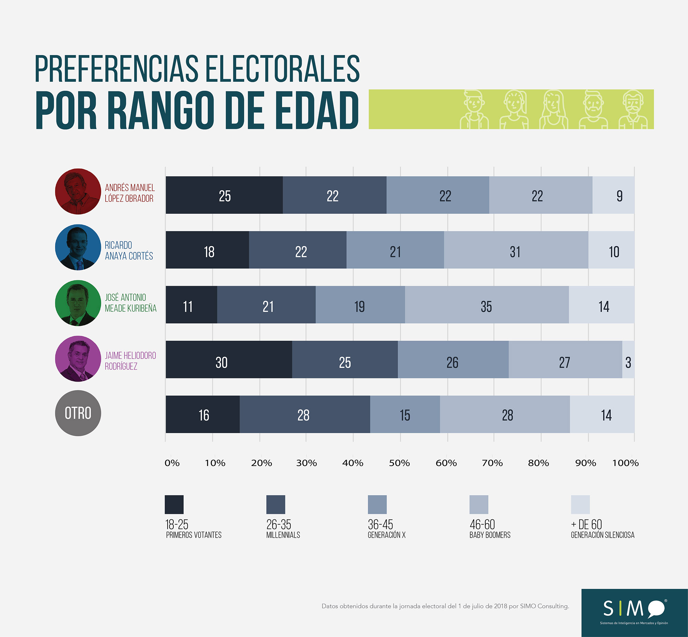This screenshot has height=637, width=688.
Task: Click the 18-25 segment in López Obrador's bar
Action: [x=224, y=195]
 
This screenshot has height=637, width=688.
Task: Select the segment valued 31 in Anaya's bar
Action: [x=516, y=250]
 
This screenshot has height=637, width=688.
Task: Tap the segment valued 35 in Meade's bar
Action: [x=487, y=305]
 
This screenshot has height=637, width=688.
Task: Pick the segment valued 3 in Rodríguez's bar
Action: [x=628, y=360]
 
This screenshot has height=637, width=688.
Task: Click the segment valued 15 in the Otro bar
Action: [x=405, y=414]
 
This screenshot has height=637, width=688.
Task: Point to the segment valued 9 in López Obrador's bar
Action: [x=613, y=195]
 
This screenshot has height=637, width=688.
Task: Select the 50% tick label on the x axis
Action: [x=399, y=463]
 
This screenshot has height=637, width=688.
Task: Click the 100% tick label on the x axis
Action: [x=625, y=463]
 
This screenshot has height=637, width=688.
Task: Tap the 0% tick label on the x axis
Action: [x=172, y=463]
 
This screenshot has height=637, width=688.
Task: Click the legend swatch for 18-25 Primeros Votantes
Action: [x=174, y=505]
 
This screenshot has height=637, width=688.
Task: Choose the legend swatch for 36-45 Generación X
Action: [x=377, y=505]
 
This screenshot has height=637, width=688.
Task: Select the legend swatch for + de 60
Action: [x=580, y=505]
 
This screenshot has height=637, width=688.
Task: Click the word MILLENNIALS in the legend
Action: [x=283, y=535]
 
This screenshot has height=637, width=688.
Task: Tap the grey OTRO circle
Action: [x=78, y=413]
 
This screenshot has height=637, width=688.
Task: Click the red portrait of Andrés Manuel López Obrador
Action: [x=78, y=191]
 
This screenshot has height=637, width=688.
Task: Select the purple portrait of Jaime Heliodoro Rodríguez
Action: [x=78, y=359]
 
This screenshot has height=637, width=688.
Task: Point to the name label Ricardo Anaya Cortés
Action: [x=129, y=251]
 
